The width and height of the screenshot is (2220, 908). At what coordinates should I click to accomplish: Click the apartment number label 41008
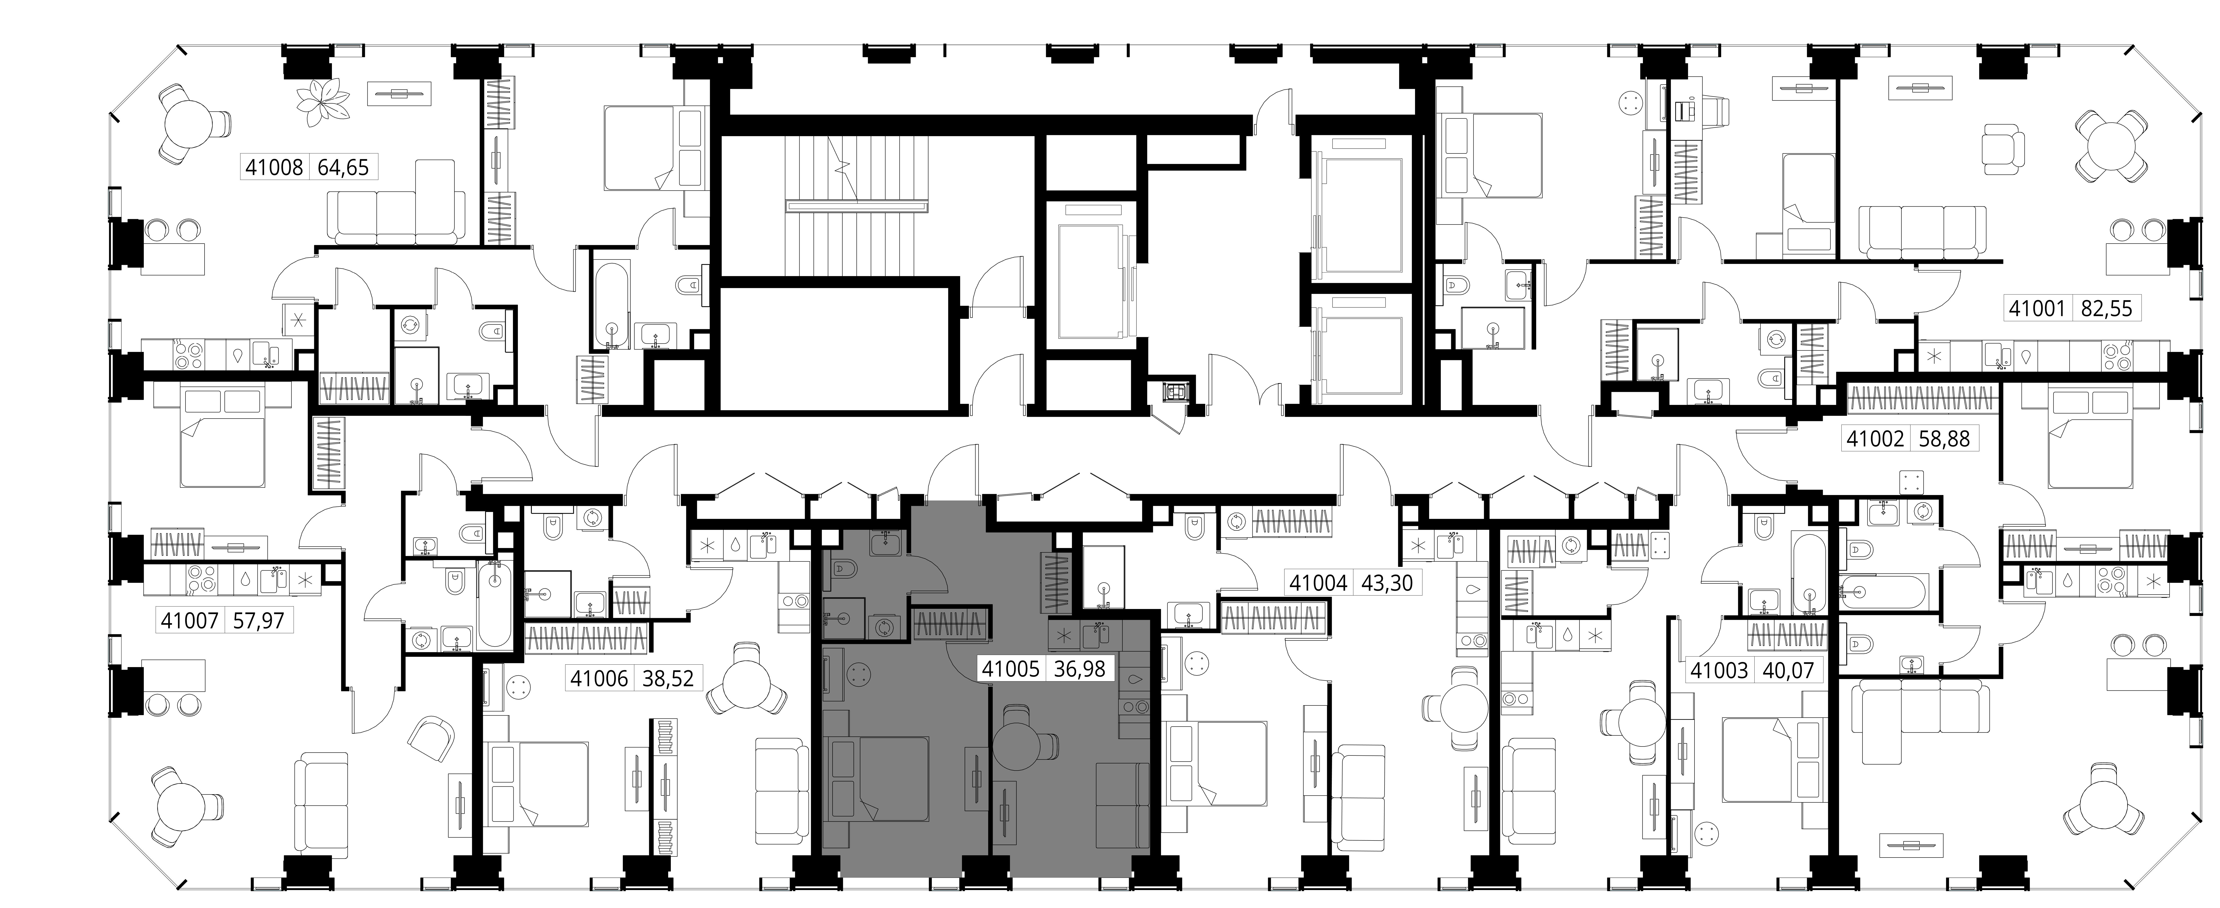tap(274, 167)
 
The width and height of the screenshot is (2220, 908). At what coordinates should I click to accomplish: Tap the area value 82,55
tap(2106, 308)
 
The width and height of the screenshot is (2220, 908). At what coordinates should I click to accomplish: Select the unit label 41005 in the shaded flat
tap(1011, 668)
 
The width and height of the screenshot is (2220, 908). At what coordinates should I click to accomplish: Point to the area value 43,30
tap(1387, 583)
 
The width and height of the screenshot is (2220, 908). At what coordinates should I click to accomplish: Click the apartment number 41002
tap(1873, 439)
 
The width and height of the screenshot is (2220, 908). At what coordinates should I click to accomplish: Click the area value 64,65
tap(343, 167)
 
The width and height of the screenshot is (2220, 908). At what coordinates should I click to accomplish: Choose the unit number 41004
tap(1318, 583)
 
